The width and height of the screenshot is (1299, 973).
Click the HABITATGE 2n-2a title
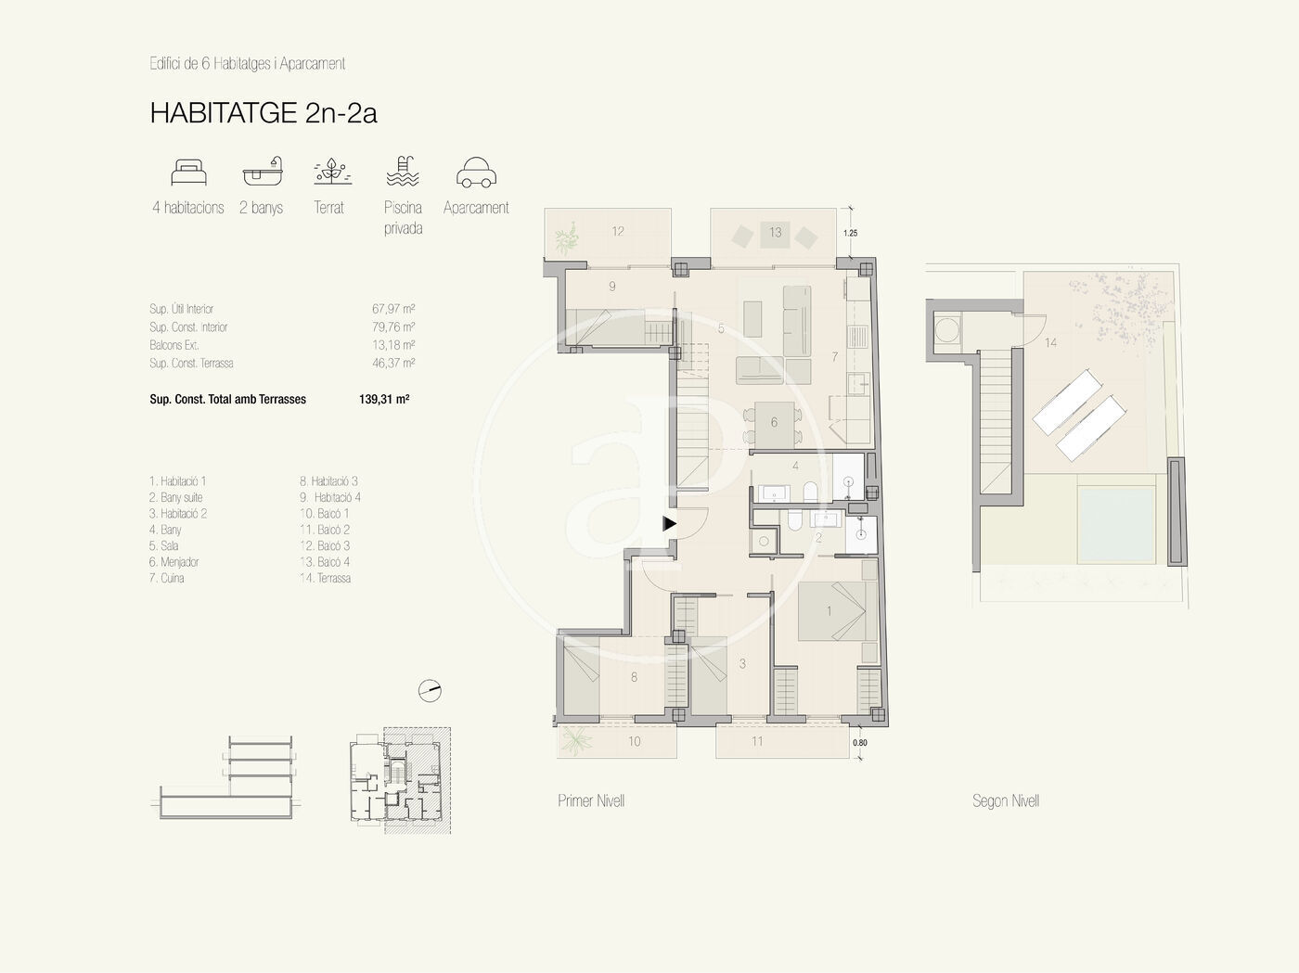(x=264, y=112)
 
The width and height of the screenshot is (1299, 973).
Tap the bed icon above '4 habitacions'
(x=188, y=173)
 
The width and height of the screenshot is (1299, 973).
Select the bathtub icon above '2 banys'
(x=263, y=172)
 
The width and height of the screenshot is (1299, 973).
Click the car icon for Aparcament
(x=476, y=173)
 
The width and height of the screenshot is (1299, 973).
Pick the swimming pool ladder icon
(x=403, y=172)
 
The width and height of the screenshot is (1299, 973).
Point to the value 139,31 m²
(x=384, y=399)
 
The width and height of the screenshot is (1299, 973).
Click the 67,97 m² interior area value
(x=393, y=309)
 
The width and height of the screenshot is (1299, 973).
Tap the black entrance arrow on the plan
(x=669, y=523)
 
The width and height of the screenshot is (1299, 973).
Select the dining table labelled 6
(x=774, y=424)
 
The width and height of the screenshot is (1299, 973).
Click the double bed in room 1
(x=837, y=611)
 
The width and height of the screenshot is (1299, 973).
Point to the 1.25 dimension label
(x=850, y=233)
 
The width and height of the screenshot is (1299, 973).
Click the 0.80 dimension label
(x=860, y=742)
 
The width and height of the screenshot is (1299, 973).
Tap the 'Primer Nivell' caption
(x=591, y=800)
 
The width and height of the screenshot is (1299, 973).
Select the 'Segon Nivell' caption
(x=1006, y=800)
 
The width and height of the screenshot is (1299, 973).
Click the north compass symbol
(x=430, y=691)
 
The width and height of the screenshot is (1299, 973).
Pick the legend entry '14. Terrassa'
(x=325, y=578)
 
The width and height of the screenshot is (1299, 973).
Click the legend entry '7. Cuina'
(x=166, y=578)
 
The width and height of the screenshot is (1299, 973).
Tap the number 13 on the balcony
(x=776, y=233)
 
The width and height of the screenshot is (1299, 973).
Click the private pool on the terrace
(x=1116, y=524)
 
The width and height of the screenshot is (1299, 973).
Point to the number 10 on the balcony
(x=634, y=741)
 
